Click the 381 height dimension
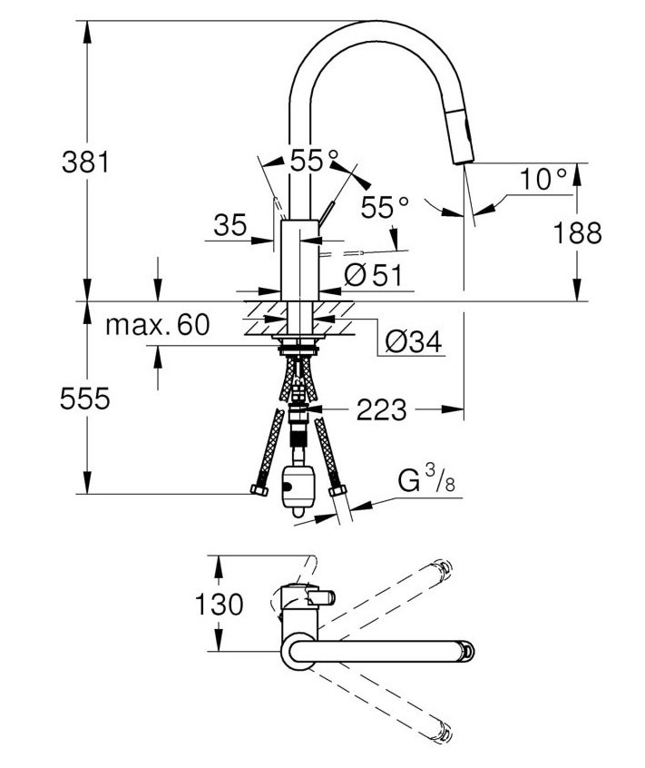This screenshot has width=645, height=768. pos(85,162)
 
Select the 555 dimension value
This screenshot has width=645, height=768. pos(85,399)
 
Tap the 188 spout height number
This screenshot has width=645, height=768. pos(578,232)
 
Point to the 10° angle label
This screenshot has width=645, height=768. pos(542,178)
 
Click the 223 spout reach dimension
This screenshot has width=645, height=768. pos(381,409)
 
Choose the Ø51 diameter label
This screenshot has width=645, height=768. pos(373,275)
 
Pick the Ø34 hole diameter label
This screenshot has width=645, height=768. pos(413,341)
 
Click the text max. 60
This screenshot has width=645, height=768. pos(158,324)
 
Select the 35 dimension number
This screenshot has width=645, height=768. pos(230,226)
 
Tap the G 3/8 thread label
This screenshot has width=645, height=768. pos(426,480)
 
